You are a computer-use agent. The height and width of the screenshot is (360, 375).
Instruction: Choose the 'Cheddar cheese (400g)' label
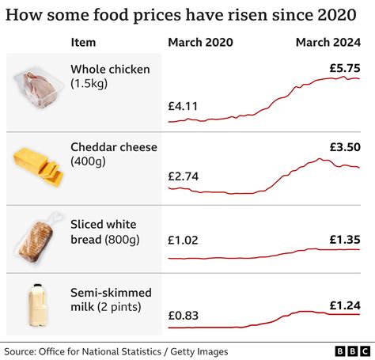click(114, 154)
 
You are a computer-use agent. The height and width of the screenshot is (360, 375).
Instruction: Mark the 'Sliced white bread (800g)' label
click(107, 233)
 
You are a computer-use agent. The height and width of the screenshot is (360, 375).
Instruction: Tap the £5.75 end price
click(345, 68)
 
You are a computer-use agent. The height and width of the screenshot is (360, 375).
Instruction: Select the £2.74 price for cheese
click(183, 176)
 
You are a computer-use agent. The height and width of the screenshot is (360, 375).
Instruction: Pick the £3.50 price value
click(345, 146)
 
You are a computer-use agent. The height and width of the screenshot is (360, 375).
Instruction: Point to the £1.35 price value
click(345, 238)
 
